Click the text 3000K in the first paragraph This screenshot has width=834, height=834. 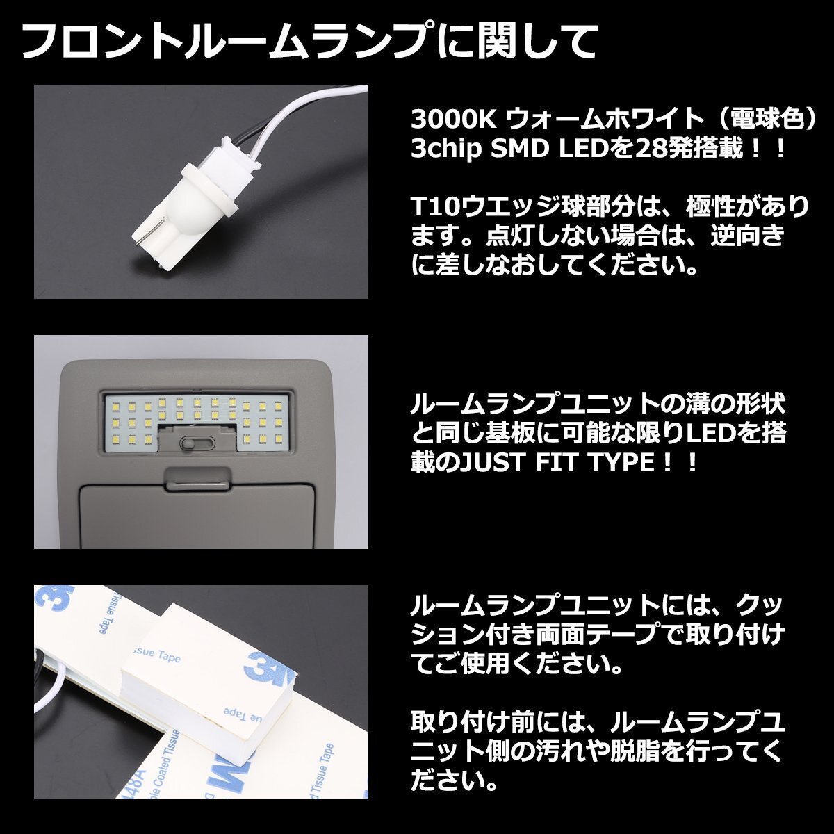[x=452, y=120]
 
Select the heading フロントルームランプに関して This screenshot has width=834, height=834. [x=309, y=42]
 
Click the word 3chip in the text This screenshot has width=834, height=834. [x=446, y=149]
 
